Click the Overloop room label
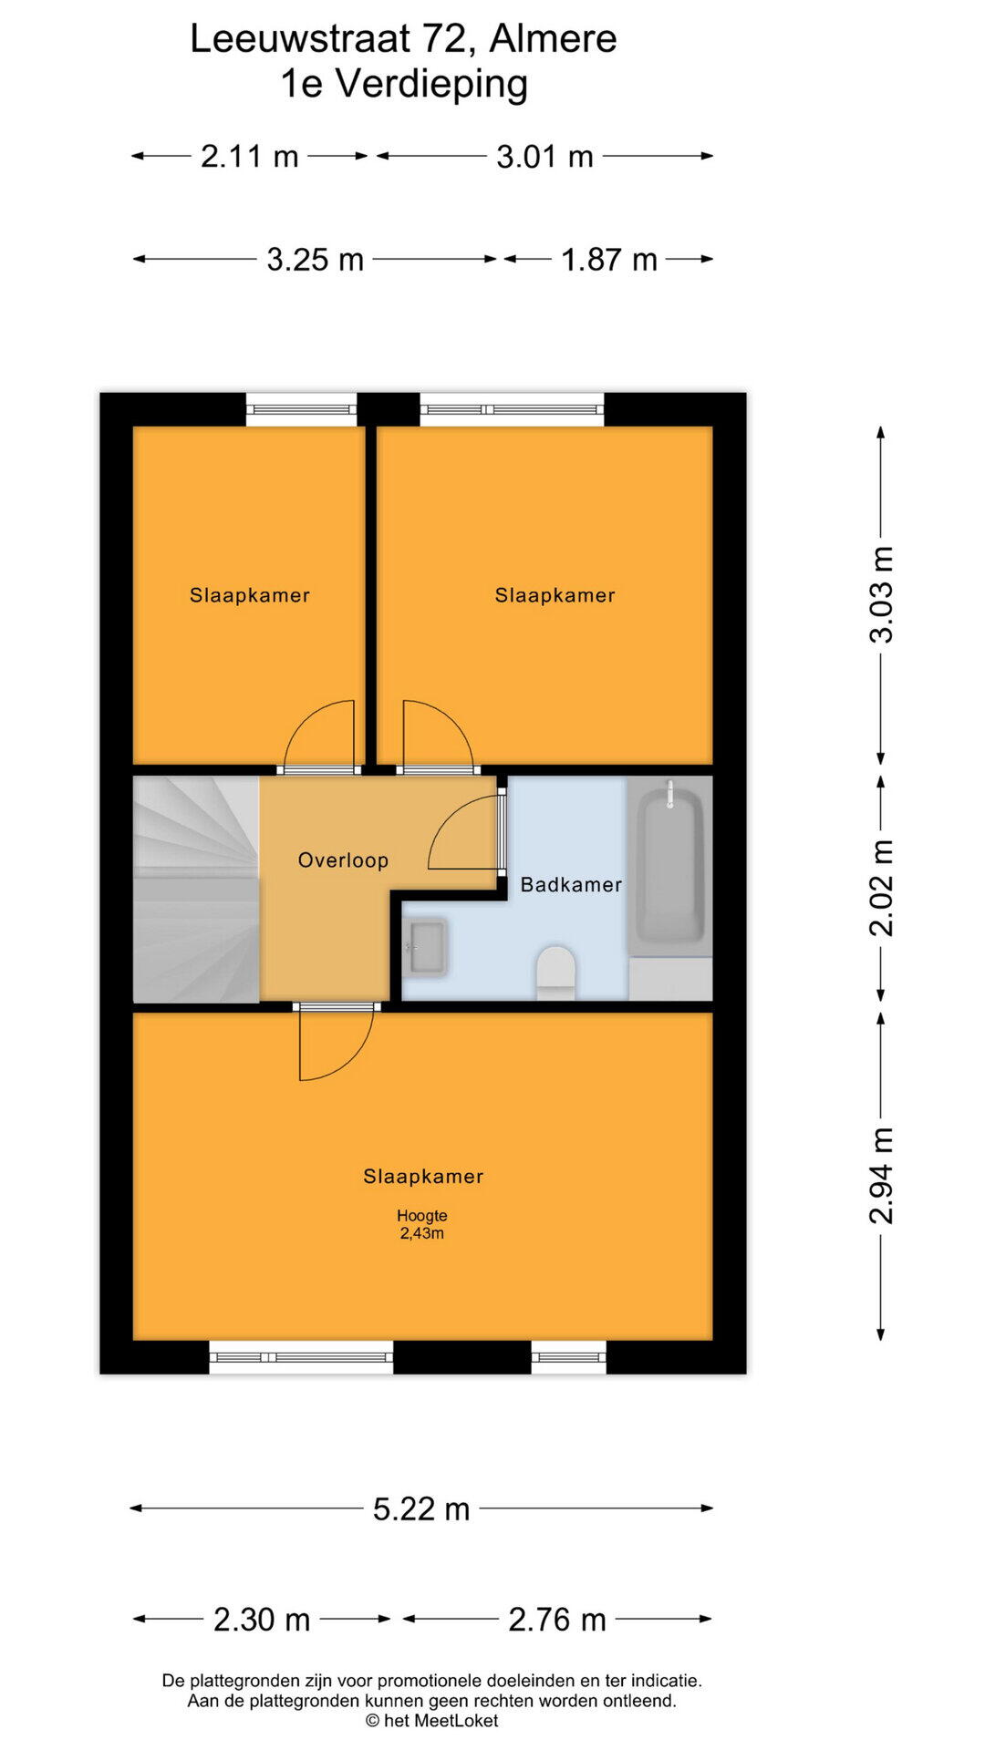coord(343,860)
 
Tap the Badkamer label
coord(571,884)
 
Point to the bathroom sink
coord(426,947)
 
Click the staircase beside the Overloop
coord(196,890)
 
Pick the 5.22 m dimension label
coord(421,1509)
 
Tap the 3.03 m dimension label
coord(881,595)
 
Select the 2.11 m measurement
coord(250,157)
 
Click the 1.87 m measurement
coord(609,260)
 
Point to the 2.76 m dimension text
coord(557,1620)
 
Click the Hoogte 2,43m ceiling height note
coord(422,1224)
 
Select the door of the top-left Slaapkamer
coord(319,735)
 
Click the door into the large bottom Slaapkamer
coord(337,1045)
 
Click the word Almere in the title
coord(553,38)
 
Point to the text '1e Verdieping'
coord(404,84)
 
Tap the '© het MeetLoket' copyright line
coord(432,1721)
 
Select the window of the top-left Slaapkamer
coord(301,409)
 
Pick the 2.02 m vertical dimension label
coord(881,889)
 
